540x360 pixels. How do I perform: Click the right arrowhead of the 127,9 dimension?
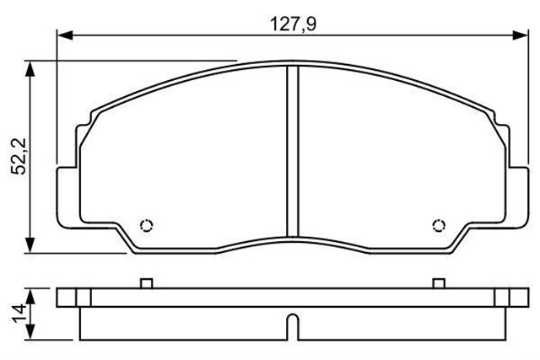516,35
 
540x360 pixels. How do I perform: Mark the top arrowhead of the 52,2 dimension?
31,67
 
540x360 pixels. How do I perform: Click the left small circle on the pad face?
145,224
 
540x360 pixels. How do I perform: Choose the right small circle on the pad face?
437,224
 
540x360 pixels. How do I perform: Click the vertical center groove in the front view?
289,152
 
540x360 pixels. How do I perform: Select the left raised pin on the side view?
145,283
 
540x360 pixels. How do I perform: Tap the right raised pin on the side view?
437,283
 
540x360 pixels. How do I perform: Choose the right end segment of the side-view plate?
511,297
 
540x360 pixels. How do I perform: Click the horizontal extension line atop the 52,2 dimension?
127,60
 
